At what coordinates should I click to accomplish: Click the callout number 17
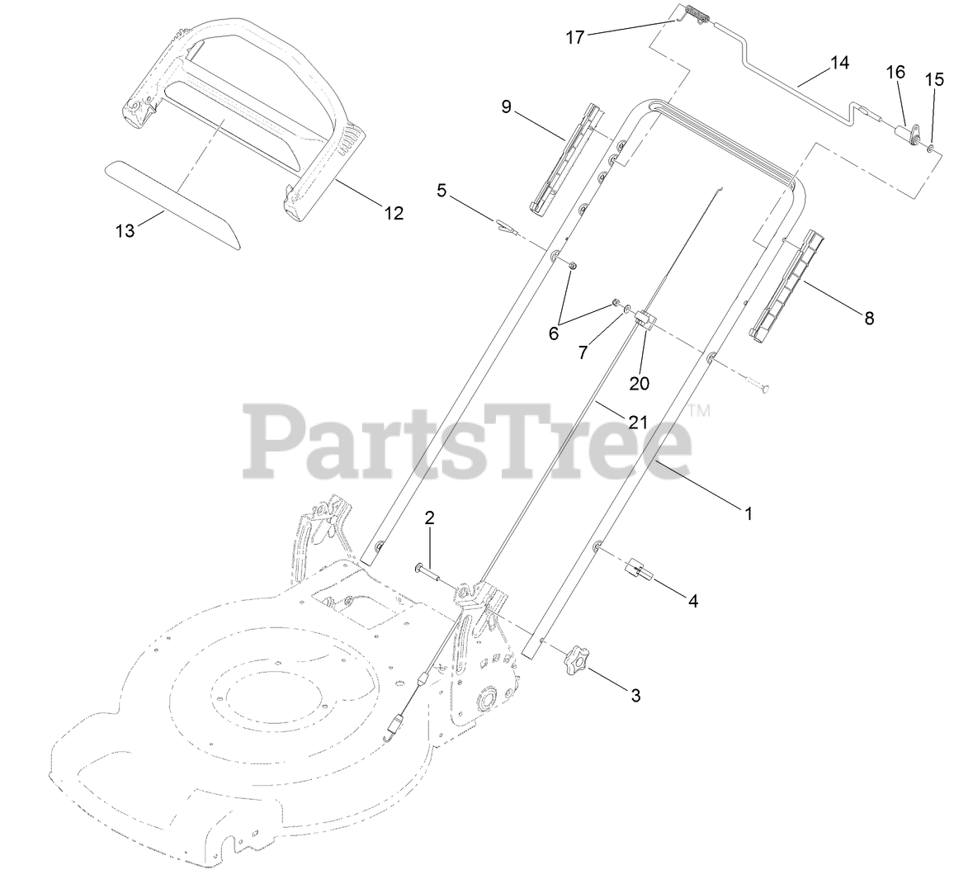tap(575, 37)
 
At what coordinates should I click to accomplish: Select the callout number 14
tap(839, 62)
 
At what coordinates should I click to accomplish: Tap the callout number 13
tap(125, 231)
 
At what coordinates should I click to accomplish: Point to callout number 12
tap(394, 213)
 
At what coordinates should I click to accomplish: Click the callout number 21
tap(638, 423)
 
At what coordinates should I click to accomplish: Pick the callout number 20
tap(640, 383)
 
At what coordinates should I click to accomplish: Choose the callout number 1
tap(749, 513)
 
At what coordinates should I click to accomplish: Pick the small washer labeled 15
tap(931, 149)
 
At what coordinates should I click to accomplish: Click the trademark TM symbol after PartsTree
tap(699, 409)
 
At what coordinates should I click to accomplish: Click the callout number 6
tap(554, 333)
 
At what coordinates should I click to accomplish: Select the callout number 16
tap(896, 73)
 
